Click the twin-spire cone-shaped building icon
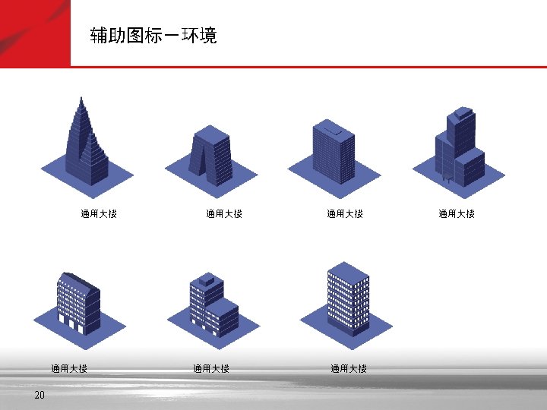(86, 148)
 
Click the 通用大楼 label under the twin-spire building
(99, 214)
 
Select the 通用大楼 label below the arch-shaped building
(224, 214)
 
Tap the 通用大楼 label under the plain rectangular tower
(345, 214)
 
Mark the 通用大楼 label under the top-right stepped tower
(456, 214)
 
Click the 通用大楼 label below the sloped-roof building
(69, 369)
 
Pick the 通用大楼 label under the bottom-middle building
(211, 369)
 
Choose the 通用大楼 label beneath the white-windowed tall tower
(349, 369)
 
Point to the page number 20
(40, 395)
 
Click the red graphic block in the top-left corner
(35, 33)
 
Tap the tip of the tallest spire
(81, 98)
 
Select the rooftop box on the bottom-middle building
(206, 279)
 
